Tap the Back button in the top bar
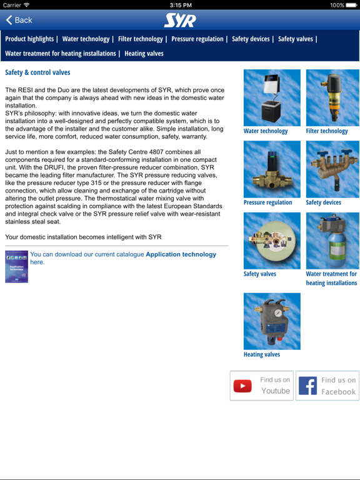coord(19,21)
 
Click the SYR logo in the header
coord(180,21)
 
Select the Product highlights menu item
coord(29,39)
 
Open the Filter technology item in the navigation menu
coord(141,39)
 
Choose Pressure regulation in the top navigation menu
coord(197,39)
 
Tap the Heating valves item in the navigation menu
coord(144,54)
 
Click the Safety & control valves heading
coord(37,72)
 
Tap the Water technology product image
coord(272,97)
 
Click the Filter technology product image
coord(332,97)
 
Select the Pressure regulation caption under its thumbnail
coord(267,202)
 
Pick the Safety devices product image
coord(332,169)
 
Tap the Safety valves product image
coord(272,241)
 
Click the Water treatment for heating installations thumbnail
coord(332,241)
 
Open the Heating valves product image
coord(272,321)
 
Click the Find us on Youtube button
coord(261,386)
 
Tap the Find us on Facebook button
coord(327,386)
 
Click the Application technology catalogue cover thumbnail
coord(16,267)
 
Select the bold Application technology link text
coord(181,254)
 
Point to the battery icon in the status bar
coord(351,5)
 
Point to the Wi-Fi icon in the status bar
coord(26,5)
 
